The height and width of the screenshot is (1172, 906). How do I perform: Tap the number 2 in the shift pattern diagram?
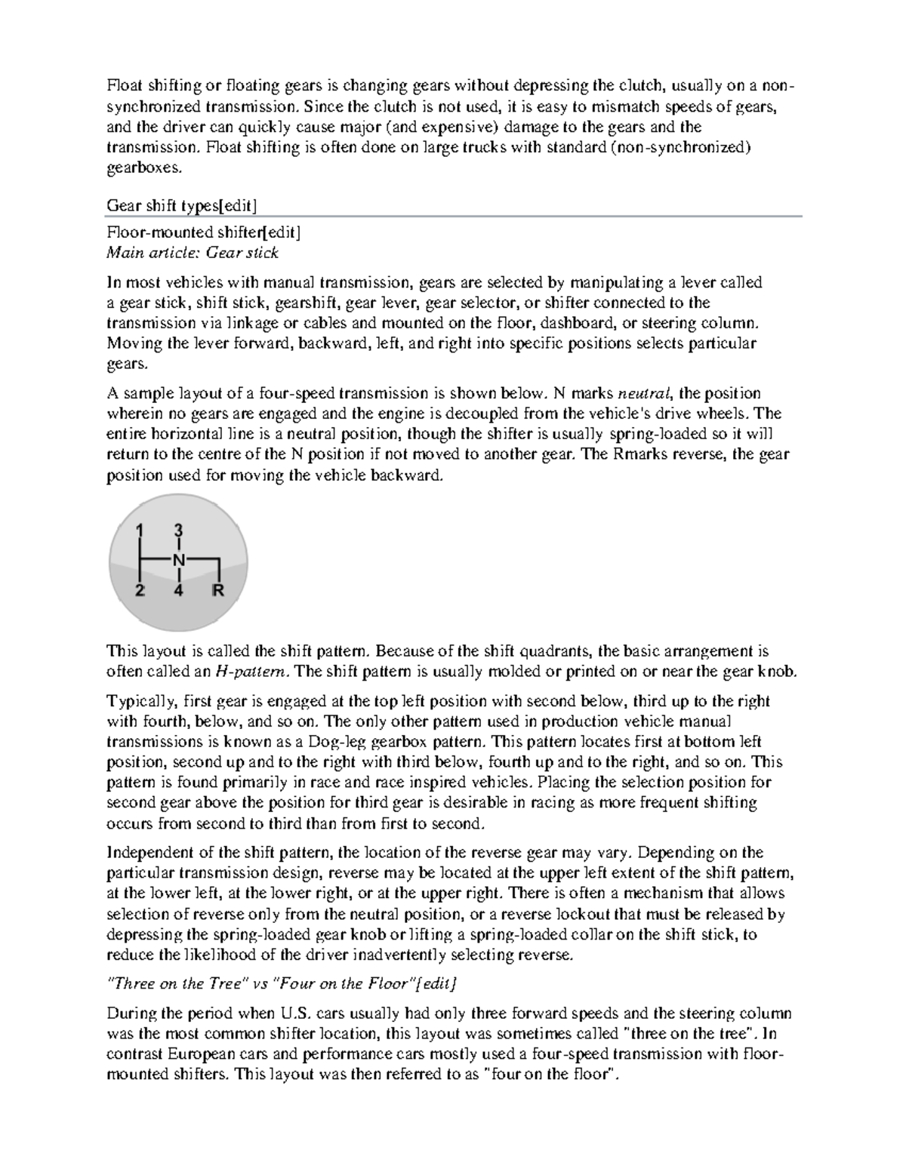pyautogui.click(x=140, y=591)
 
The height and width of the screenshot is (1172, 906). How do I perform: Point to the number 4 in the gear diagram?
pyautogui.click(x=178, y=591)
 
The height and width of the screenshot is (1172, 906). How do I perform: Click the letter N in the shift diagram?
pyautogui.click(x=178, y=560)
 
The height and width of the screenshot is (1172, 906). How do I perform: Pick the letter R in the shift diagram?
pyautogui.click(x=218, y=591)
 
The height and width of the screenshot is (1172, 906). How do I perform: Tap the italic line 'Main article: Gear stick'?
pyautogui.click(x=193, y=253)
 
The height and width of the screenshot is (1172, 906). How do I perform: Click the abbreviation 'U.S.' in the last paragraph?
pyautogui.click(x=297, y=1013)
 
